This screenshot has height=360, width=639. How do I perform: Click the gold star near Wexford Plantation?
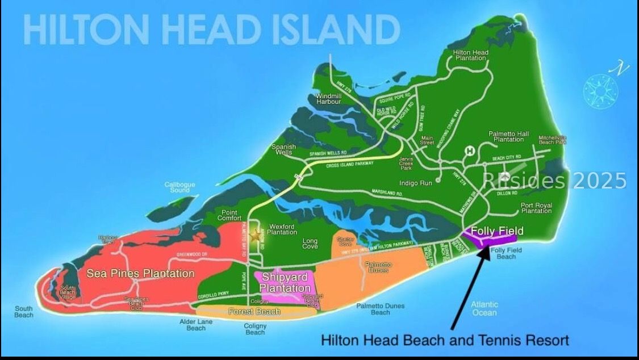pos(256,234)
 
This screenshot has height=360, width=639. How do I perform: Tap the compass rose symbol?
pos(601,89)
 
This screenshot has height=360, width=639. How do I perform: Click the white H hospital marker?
pos(470,150)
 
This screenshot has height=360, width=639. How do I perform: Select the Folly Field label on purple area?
pos(497,231)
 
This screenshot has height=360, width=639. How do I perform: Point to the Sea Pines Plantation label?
pos(140,274)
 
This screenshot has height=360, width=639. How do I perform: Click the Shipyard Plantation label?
pos(285,282)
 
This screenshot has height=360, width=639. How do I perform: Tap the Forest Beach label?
pos(254,311)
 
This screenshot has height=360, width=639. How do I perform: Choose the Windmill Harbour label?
pos(328,99)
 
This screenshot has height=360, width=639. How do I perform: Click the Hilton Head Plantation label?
pos(470,55)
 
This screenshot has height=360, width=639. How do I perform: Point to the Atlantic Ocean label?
pos(484,308)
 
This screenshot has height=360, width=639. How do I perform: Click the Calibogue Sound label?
pos(180,187)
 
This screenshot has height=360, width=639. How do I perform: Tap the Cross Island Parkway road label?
pos(350,165)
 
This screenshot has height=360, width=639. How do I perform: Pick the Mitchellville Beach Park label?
pos(553,139)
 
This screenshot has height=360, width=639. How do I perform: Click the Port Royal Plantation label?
pos(536,208)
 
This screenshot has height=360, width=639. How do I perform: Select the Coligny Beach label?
pos(255,329)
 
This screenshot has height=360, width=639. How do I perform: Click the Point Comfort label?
pos(229,215)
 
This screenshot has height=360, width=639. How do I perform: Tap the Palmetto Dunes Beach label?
pos(381,309)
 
